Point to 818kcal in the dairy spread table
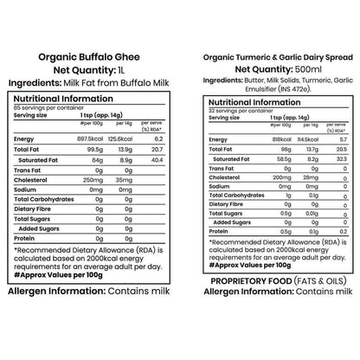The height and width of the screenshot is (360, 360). click(260, 138)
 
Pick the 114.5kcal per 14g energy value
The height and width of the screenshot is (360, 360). click(289, 138)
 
